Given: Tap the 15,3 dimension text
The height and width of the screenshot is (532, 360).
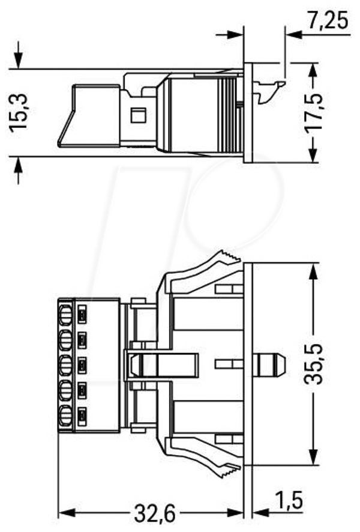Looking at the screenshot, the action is click(19, 112).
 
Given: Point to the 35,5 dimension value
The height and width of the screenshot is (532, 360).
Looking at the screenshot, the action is click(313, 364).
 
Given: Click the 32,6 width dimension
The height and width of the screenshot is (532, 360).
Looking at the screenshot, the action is click(155, 513).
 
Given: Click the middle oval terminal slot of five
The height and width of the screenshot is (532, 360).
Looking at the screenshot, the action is click(65, 365).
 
